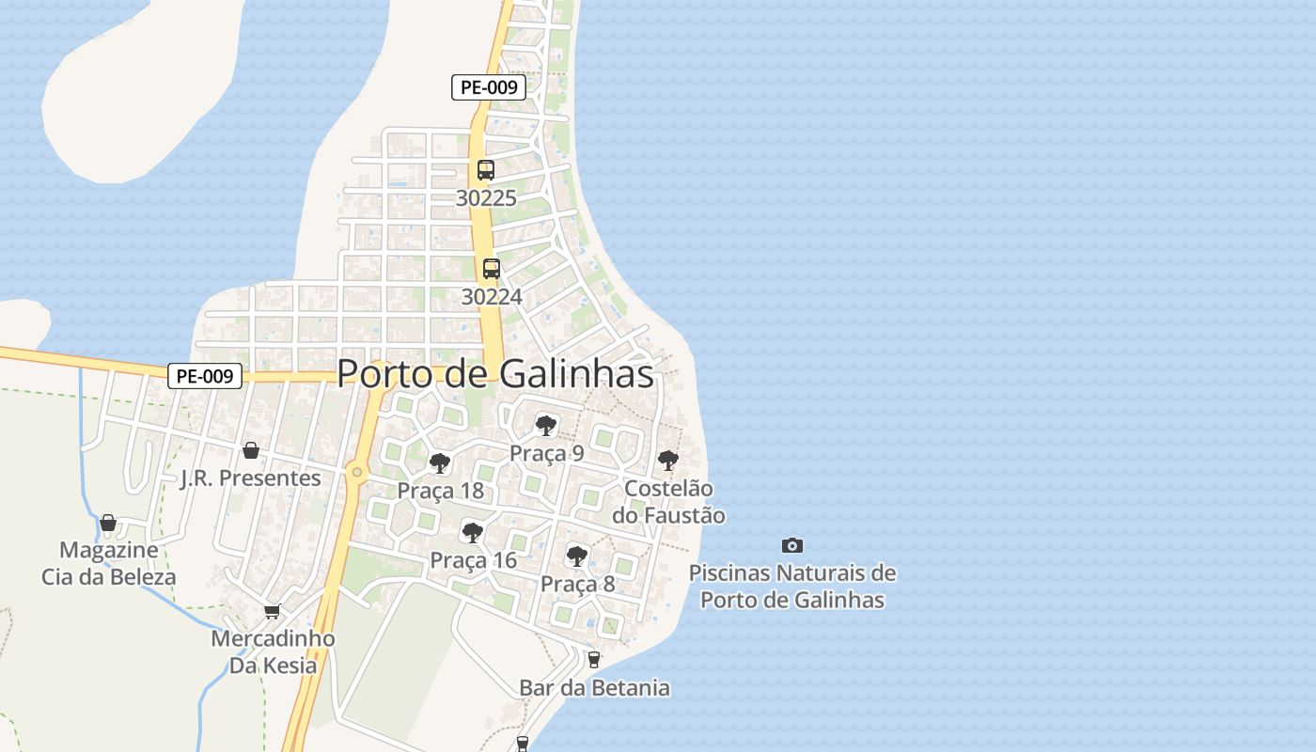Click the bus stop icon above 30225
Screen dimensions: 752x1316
coord(485,170)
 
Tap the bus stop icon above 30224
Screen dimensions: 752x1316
coord(491,269)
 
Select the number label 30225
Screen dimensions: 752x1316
coord(486,198)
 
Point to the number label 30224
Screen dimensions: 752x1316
coord(491,297)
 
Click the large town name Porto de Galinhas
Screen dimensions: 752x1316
coord(494,373)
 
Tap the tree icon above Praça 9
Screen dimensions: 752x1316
coord(545,426)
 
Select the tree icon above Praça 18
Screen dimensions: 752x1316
coord(439,463)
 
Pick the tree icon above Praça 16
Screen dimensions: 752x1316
coord(473,533)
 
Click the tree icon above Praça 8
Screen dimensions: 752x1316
coord(577,556)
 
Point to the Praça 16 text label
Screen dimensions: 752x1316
coord(473,561)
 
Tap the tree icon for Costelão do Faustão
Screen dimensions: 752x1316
coord(668,461)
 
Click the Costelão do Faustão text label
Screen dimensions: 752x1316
coord(668,502)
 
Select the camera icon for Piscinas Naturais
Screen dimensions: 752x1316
coord(792,545)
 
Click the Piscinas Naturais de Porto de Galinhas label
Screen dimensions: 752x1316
coord(792,586)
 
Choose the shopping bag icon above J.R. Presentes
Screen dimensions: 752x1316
coord(251,450)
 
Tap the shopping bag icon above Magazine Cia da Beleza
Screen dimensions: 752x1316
coord(108,523)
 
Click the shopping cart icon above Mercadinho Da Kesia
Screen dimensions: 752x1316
coord(273,611)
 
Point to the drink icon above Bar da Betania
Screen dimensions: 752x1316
coord(593,660)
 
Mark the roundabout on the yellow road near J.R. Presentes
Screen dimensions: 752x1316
coord(356,473)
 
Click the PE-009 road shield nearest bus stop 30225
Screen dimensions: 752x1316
coord(488,87)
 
